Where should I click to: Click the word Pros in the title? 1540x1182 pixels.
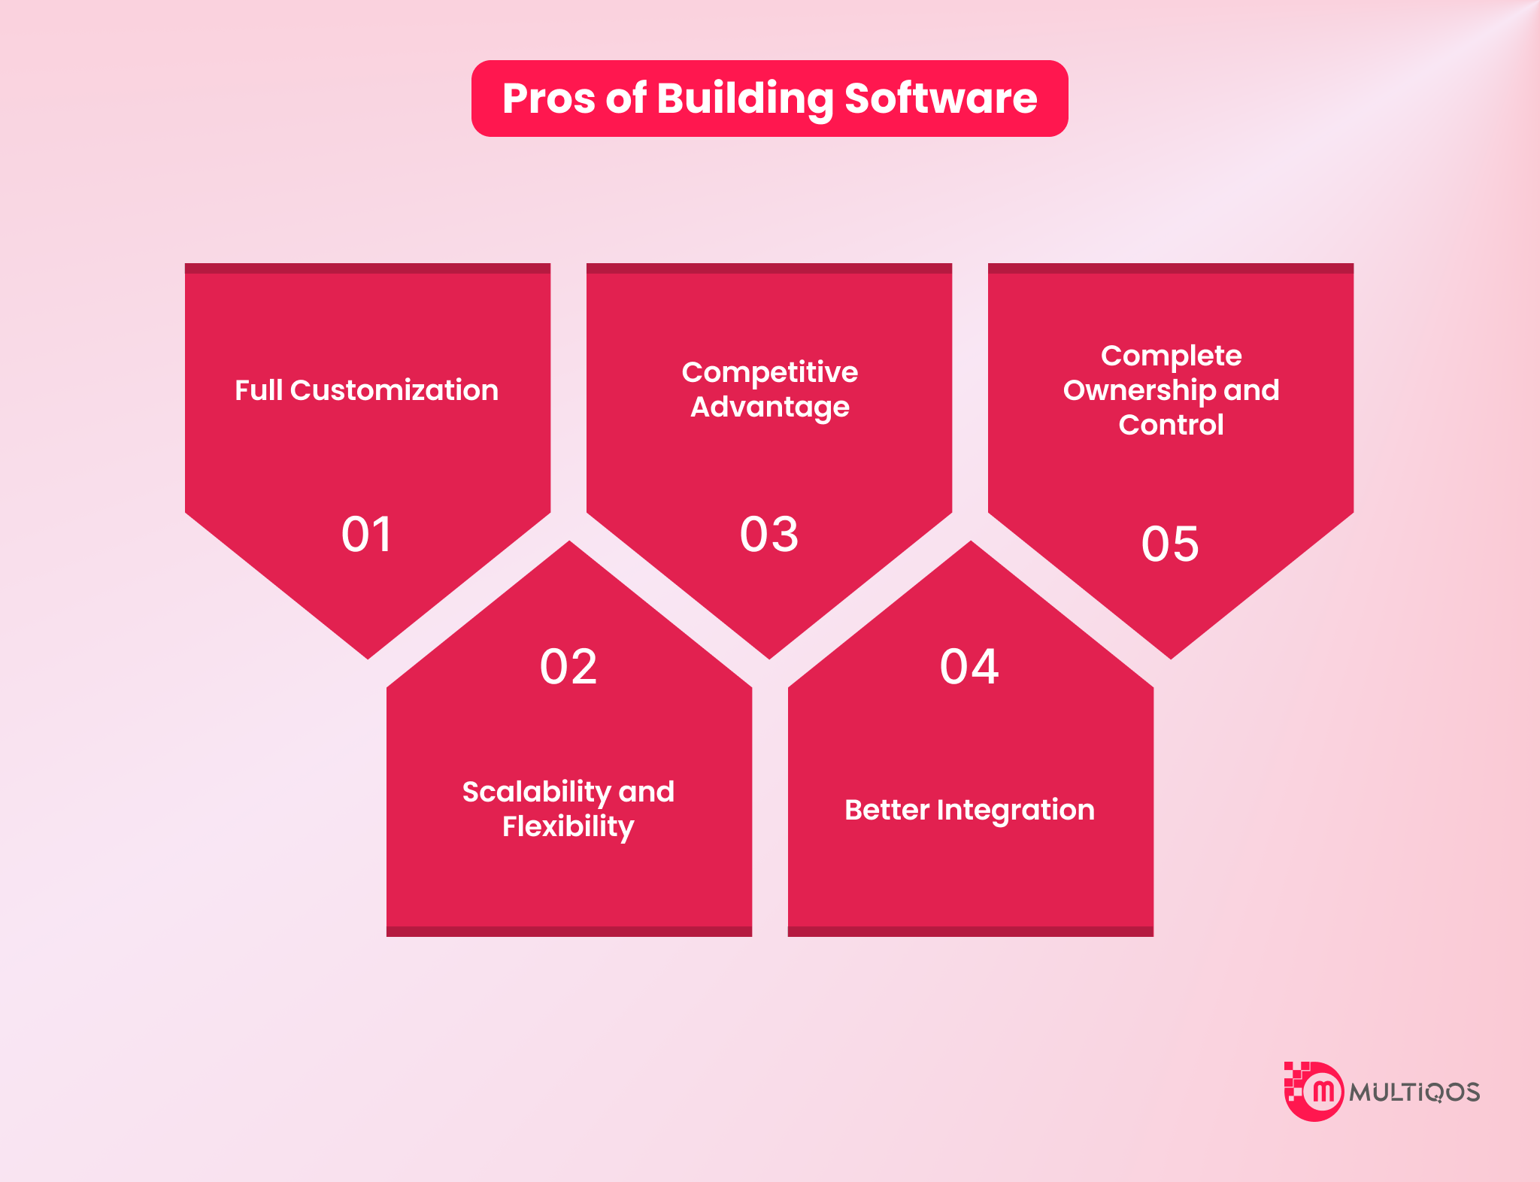click(x=548, y=98)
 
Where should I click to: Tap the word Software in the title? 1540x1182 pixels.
click(x=941, y=98)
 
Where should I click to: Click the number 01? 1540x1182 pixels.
click(x=366, y=535)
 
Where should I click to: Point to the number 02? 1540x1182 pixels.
click(x=568, y=667)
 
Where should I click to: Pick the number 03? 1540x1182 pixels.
click(x=768, y=535)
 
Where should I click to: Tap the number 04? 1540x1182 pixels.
click(x=969, y=667)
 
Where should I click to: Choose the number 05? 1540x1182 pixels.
click(x=1170, y=544)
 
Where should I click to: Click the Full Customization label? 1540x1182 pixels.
click(x=366, y=390)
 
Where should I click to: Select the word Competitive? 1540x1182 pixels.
click(x=769, y=372)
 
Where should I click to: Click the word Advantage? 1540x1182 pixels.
click(x=770, y=408)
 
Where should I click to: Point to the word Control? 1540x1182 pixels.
click(x=1171, y=425)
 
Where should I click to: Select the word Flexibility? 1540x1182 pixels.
click(x=568, y=827)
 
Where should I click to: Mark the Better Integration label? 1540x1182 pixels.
click(x=969, y=811)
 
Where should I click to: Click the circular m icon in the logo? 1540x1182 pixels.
click(x=1320, y=1092)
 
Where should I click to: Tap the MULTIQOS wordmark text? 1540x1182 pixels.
click(x=1414, y=1093)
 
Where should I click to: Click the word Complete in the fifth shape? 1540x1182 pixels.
click(x=1171, y=356)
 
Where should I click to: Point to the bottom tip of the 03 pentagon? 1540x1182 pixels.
click(x=769, y=659)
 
